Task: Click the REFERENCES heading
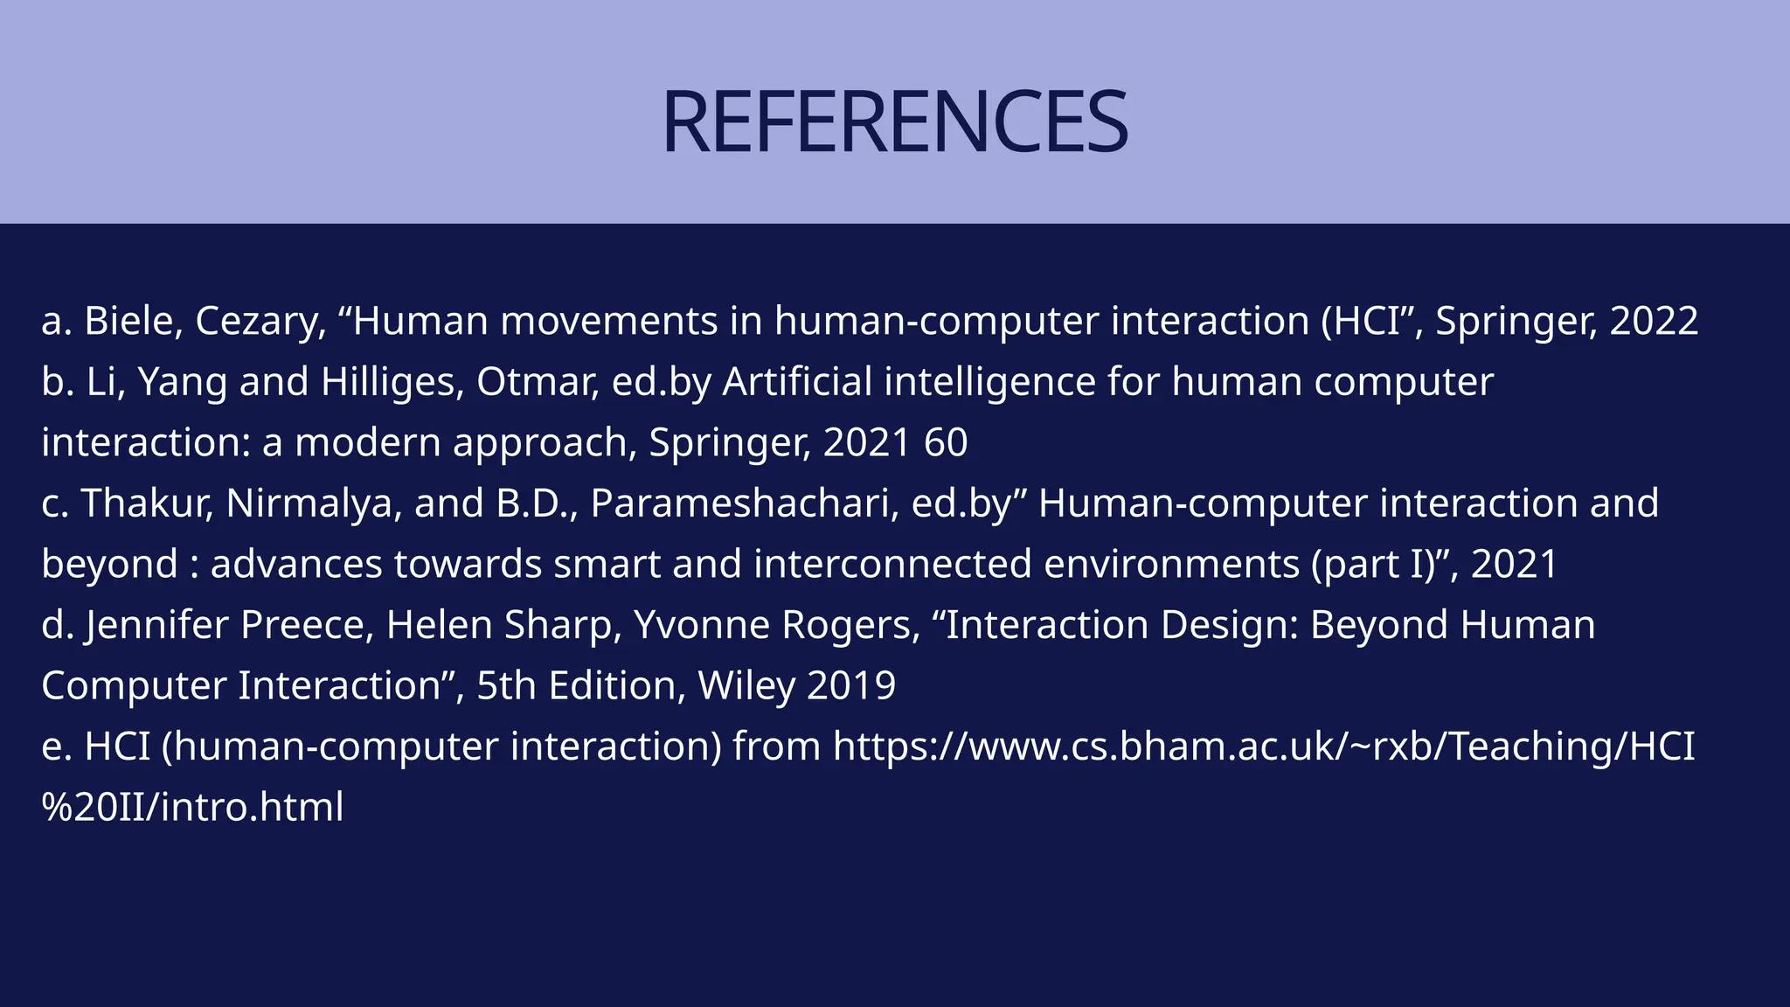click(x=895, y=122)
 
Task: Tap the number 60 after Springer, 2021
click(x=946, y=442)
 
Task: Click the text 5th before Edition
click(x=506, y=685)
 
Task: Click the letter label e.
click(x=54, y=747)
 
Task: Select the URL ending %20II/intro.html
click(x=192, y=807)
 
